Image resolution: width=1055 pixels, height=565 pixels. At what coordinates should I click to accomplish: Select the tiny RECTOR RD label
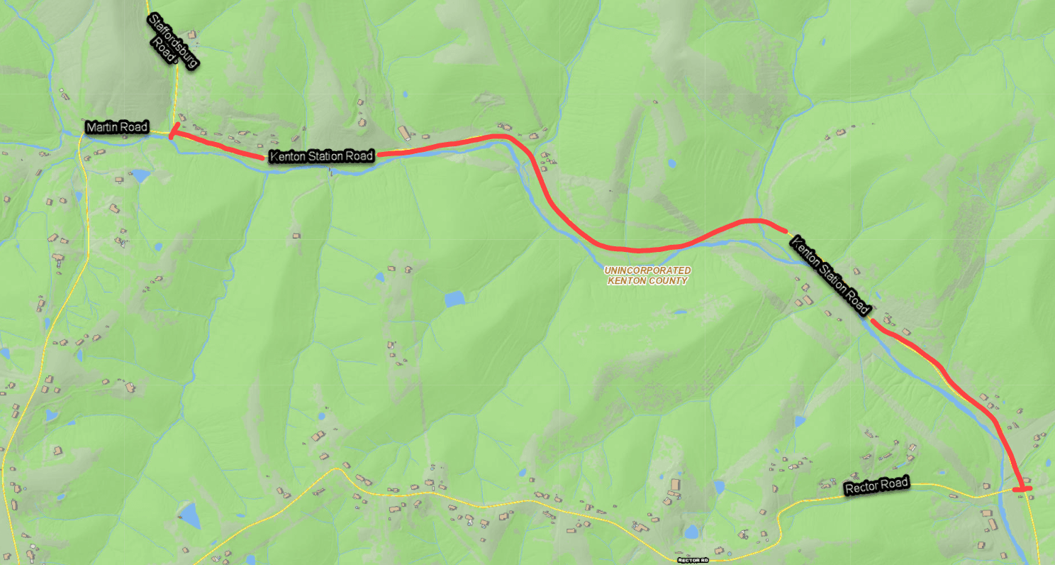(x=693, y=560)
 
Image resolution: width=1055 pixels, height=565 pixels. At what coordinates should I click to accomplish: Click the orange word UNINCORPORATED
(x=647, y=270)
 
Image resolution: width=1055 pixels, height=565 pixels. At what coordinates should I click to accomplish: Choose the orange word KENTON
(x=625, y=281)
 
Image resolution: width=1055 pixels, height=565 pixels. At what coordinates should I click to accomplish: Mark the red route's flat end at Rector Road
(x=1022, y=488)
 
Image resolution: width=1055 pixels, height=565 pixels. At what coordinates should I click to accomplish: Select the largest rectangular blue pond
(x=454, y=299)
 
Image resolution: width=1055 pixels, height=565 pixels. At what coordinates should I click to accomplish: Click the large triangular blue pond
(x=189, y=514)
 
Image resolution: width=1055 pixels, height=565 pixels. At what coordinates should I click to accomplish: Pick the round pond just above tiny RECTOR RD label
(x=691, y=532)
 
